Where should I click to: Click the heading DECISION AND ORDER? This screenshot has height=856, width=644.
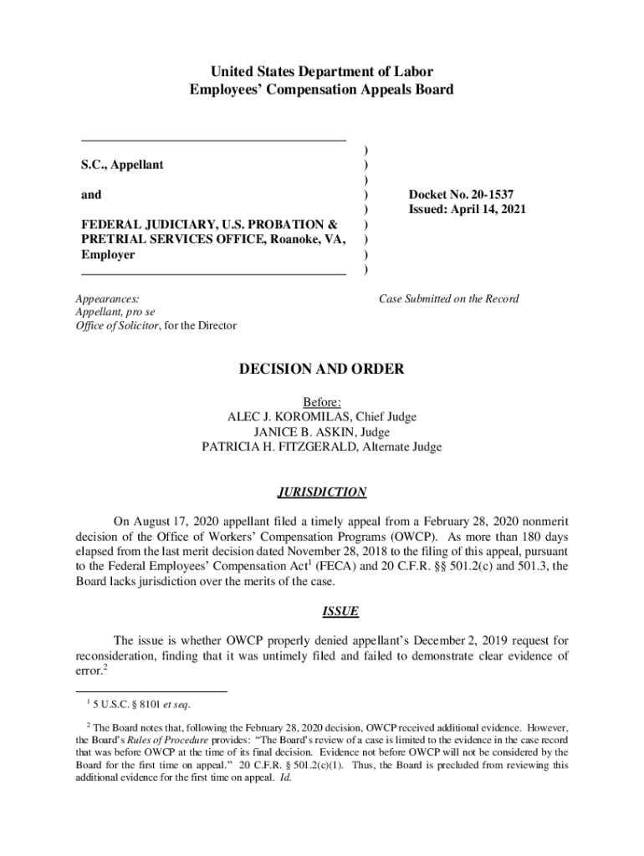[322, 369]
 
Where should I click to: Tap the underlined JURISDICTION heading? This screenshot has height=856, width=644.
[322, 492]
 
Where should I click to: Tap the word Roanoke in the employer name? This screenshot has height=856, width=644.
[286, 240]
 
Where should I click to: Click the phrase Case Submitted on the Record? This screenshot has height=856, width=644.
[449, 298]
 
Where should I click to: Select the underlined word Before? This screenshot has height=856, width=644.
[322, 402]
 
